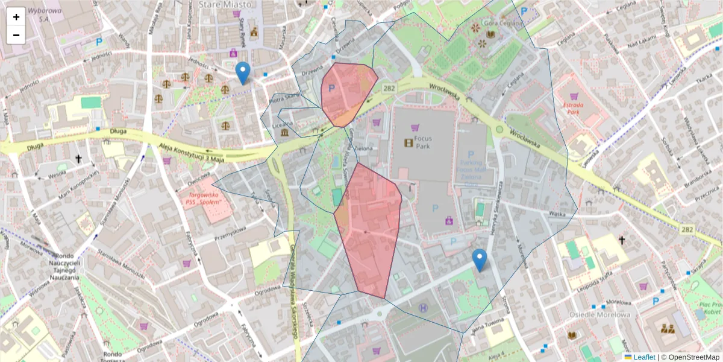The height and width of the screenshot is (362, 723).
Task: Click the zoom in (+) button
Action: [x=16, y=17]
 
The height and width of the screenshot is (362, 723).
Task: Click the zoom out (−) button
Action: [x=16, y=35]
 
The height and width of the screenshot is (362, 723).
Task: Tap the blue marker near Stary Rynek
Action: [x=243, y=73]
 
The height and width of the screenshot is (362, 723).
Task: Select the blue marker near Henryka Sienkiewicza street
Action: [x=480, y=260]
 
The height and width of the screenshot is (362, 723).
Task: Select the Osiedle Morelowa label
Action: [x=600, y=314]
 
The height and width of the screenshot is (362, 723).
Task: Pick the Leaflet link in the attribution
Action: [x=644, y=357]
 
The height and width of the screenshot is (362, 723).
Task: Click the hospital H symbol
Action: [x=423, y=308]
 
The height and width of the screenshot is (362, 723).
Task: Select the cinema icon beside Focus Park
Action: [x=409, y=143]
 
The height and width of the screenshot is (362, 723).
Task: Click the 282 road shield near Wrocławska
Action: [x=388, y=88]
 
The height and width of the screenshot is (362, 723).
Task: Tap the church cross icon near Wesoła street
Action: [x=78, y=159]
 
